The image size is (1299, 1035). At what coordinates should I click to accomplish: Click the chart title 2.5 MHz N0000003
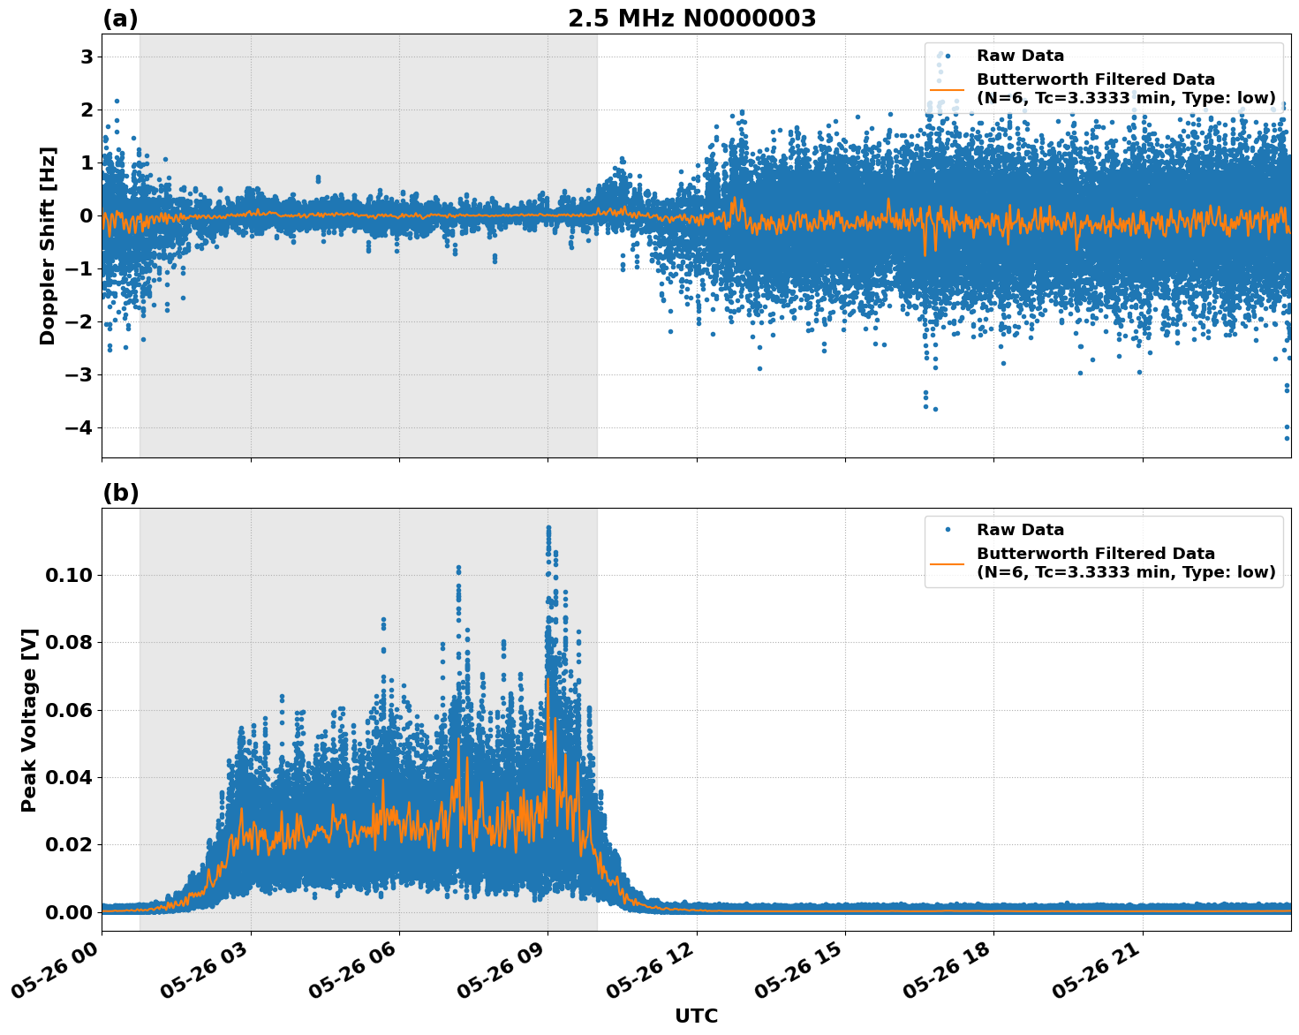(x=691, y=19)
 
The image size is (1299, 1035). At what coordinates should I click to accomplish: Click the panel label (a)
(x=120, y=19)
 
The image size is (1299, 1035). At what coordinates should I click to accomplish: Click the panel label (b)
(x=120, y=493)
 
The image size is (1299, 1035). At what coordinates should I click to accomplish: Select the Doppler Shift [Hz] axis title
(x=48, y=246)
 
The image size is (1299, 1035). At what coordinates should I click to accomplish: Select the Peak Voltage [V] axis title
(x=29, y=720)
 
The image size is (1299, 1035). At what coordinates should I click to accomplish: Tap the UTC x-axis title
(x=696, y=1016)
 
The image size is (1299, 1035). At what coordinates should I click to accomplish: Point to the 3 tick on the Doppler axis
(x=87, y=57)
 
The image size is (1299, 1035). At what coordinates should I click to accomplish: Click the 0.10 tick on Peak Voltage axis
(x=69, y=576)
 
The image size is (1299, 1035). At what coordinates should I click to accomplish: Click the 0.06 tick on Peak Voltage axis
(x=69, y=710)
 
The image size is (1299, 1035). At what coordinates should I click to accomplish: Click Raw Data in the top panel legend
(x=1020, y=56)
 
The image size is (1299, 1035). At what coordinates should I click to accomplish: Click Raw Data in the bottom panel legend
(x=1020, y=530)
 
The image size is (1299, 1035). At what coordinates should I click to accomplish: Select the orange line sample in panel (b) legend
(x=947, y=563)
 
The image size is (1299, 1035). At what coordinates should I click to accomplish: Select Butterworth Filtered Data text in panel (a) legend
(x=1095, y=79)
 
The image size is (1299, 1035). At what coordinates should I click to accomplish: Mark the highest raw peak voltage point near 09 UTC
(x=548, y=527)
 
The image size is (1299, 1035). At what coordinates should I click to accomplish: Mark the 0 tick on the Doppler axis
(x=87, y=215)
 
